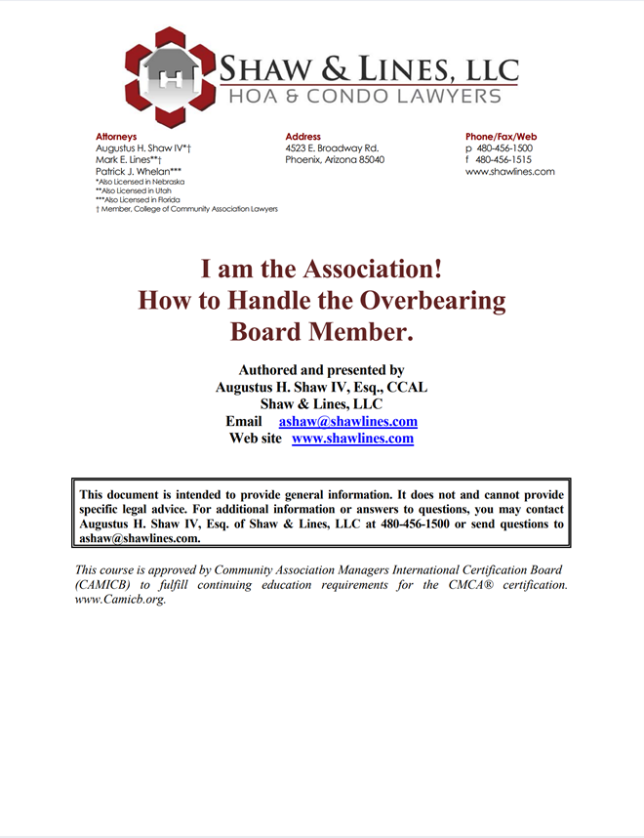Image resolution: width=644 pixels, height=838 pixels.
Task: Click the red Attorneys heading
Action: pos(116,137)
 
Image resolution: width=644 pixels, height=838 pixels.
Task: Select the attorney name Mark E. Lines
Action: pos(128,159)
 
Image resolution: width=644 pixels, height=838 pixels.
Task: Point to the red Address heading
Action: pos(302,137)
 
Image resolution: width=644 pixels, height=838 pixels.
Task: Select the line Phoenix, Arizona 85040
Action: pos(335,159)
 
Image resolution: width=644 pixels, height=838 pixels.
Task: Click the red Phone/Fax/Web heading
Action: pos(501,137)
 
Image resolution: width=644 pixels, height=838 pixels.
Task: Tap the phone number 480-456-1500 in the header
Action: pos(503,148)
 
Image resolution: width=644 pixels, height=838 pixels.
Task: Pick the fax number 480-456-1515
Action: pos(503,159)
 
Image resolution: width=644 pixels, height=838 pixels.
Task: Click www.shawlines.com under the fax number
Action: pos(509,171)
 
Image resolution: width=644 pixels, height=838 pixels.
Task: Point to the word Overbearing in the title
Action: pos(445,299)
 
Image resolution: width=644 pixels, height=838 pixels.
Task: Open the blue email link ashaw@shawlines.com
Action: pos(348,422)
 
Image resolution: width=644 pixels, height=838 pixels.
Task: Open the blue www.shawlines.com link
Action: pos(352,439)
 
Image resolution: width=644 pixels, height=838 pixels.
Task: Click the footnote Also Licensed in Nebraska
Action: pos(141,182)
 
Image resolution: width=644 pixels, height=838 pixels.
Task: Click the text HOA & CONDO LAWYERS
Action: pos(365,96)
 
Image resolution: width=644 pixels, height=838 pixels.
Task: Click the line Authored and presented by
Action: pos(321,370)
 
